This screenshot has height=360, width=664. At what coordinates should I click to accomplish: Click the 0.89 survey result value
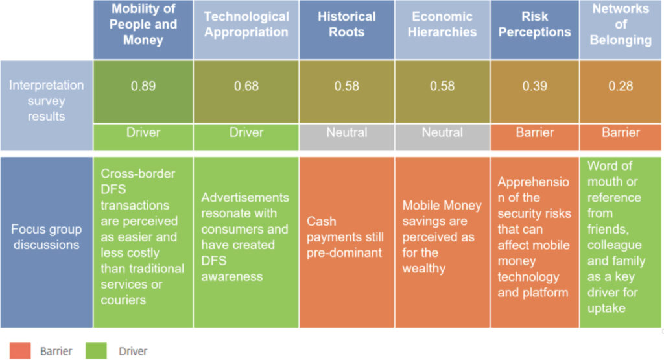(143, 86)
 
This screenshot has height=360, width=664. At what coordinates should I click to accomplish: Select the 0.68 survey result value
(246, 86)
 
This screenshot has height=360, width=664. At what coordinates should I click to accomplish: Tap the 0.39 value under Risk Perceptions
(534, 86)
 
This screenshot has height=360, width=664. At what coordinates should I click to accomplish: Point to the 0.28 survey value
(621, 86)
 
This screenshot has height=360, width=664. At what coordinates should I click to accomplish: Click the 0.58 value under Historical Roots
(346, 86)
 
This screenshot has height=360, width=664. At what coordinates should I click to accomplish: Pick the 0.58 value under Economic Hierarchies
(442, 86)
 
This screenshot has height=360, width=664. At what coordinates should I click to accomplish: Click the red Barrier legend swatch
(20, 351)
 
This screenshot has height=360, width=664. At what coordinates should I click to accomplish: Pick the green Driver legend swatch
(96, 351)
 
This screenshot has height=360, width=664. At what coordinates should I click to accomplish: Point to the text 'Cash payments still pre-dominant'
(345, 237)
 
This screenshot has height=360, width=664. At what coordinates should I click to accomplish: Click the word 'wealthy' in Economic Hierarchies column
(424, 269)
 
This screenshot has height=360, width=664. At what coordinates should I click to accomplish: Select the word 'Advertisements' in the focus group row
(245, 197)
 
